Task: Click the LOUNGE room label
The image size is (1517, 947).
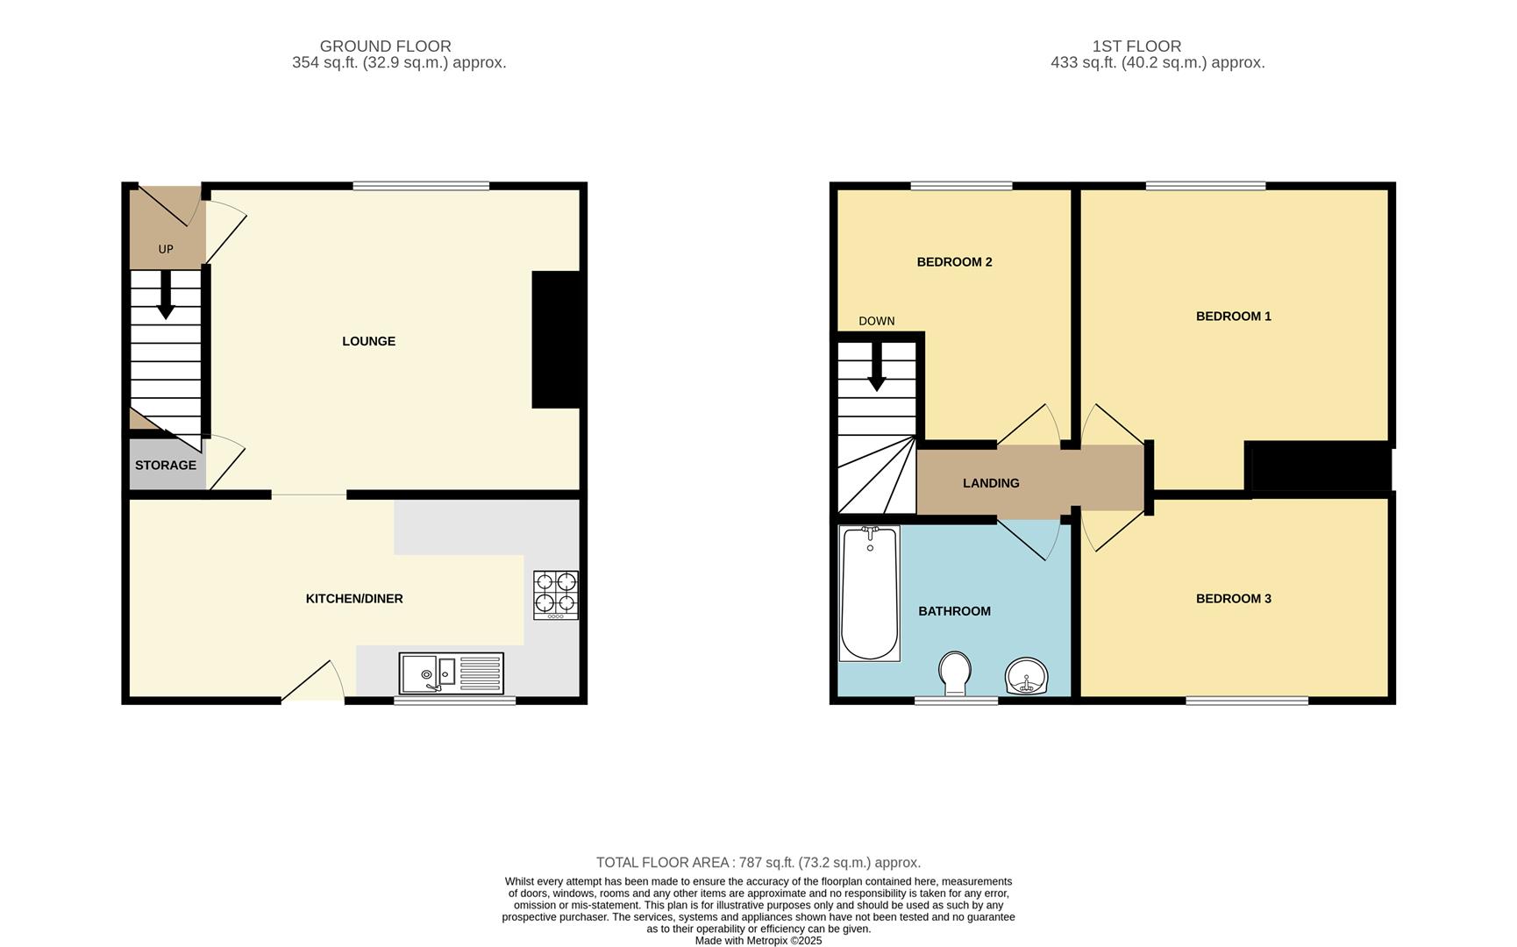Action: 368,341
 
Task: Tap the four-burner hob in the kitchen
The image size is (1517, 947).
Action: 556,595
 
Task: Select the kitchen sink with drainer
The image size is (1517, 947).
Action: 451,673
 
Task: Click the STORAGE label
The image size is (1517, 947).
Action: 166,466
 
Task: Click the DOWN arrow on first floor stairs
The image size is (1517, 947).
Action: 876,368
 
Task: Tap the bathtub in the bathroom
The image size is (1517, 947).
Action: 869,594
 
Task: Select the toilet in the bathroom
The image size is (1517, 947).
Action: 954,673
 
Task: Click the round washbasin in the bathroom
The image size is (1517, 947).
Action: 1026,676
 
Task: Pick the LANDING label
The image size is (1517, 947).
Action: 991,483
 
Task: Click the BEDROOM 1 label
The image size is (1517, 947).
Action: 1233,317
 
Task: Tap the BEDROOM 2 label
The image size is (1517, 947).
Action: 954,262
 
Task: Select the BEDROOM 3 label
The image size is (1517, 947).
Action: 1233,599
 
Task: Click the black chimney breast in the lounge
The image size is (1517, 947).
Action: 557,339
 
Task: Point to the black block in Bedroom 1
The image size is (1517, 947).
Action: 1319,467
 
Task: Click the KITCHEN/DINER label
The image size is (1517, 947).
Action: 354,599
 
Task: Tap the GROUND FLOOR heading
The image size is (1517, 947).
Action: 385,46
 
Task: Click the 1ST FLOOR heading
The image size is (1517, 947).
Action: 1136,46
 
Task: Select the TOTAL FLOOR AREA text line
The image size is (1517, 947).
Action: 758,863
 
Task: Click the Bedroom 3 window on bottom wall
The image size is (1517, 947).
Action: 1247,700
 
